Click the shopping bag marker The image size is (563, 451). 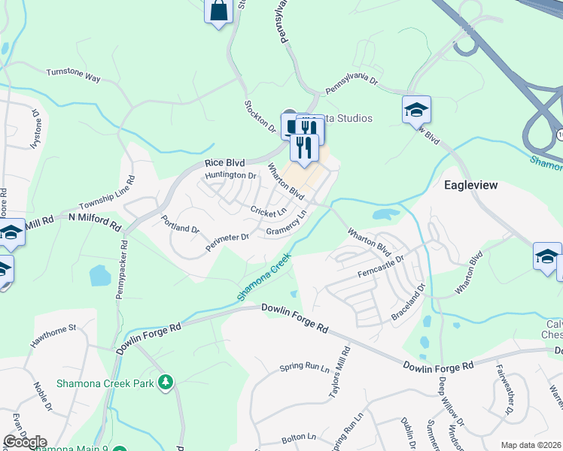(218, 11)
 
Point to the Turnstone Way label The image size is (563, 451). (73, 76)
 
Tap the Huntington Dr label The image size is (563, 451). (231, 175)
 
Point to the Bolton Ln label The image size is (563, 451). (299, 437)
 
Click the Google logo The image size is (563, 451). (25, 442)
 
